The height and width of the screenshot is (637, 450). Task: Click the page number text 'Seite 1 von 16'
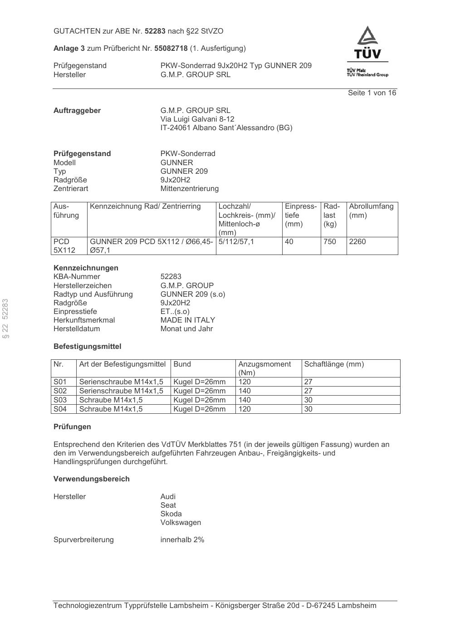[x=372, y=93]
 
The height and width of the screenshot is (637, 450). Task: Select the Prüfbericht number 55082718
[x=171, y=48]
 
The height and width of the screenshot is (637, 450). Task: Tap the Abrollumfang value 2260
[x=357, y=242]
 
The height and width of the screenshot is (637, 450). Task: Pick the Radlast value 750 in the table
[x=330, y=242]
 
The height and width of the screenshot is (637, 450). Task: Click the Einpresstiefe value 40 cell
[x=289, y=242]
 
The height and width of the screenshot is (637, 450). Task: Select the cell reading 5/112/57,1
[x=236, y=242]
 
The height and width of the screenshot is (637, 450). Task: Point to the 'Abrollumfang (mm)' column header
[x=371, y=211]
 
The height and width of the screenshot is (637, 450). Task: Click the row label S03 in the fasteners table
[x=60, y=400]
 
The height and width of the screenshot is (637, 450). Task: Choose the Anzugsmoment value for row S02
[x=245, y=391]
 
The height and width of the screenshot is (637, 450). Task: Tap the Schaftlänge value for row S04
[x=308, y=409]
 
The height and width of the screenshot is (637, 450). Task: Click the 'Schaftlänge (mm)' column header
[x=334, y=364]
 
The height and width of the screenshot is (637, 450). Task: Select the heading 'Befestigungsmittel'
[x=87, y=347]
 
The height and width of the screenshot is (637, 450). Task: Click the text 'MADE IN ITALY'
[x=187, y=320]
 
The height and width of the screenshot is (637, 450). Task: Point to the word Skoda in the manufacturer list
[x=171, y=514]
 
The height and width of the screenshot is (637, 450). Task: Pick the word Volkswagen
[x=181, y=523]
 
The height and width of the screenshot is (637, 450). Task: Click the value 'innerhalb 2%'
[x=182, y=540]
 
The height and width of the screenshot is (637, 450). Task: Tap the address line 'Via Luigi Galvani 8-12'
[x=197, y=119]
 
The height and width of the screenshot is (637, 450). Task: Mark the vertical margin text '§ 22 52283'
[x=6, y=318]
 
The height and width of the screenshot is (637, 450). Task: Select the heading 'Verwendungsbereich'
[x=91, y=479]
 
